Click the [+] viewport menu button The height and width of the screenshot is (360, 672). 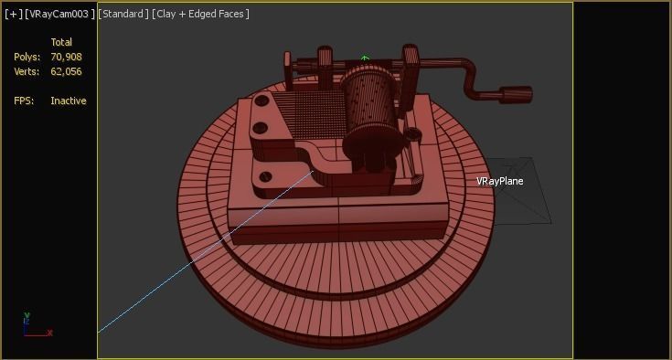(14, 14)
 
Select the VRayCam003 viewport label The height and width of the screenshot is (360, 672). (59, 14)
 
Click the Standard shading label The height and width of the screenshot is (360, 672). (123, 14)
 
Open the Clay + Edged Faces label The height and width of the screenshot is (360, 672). (200, 14)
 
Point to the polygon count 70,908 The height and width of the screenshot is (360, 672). (67, 57)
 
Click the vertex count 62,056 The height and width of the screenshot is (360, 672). (67, 71)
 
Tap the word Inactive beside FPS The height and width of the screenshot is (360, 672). (69, 101)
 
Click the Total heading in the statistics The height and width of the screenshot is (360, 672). (61, 42)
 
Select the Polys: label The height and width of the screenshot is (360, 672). (27, 57)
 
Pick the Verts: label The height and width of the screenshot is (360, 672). (27, 71)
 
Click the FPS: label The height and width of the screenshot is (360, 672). (24, 101)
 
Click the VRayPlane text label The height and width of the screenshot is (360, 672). (499, 181)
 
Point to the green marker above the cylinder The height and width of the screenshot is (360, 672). (365, 59)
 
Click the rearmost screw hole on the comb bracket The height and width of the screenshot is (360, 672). (263, 101)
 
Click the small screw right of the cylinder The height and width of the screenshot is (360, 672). (414, 134)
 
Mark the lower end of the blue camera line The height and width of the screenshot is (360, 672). (100, 332)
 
